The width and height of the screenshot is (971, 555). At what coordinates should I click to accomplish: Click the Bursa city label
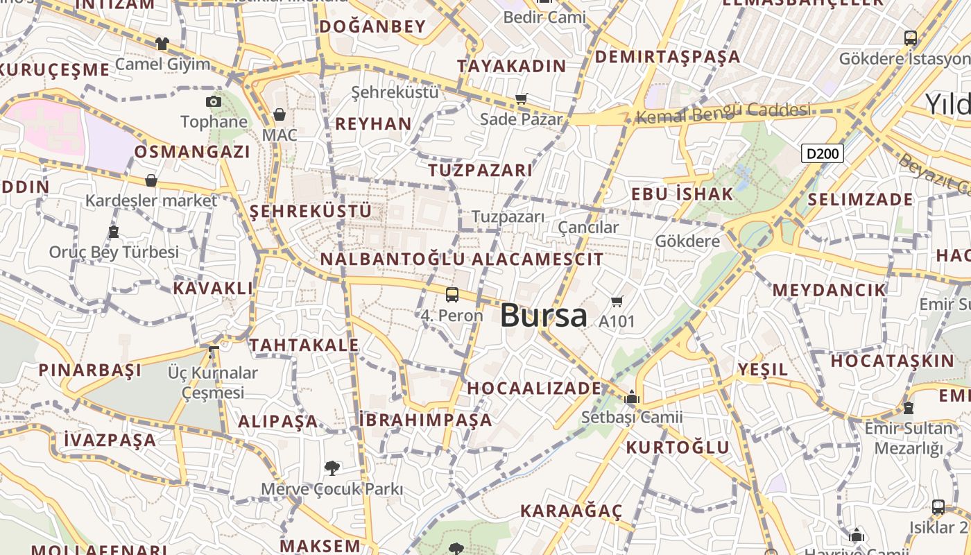pyautogui.click(x=543, y=316)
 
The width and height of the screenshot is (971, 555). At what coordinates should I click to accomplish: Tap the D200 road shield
pyautogui.click(x=823, y=153)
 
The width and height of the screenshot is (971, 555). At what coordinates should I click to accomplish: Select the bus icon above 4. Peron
pyautogui.click(x=452, y=295)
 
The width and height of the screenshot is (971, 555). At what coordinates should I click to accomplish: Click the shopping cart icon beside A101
pyautogui.click(x=617, y=301)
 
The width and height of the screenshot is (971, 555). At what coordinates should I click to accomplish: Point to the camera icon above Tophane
pyautogui.click(x=214, y=102)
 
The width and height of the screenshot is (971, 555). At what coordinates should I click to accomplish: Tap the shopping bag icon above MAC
pyautogui.click(x=280, y=114)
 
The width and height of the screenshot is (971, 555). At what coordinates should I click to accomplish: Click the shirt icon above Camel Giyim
pyautogui.click(x=162, y=44)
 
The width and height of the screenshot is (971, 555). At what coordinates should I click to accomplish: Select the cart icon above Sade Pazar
pyautogui.click(x=522, y=99)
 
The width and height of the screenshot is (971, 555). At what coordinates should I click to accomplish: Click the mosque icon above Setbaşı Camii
pyautogui.click(x=632, y=398)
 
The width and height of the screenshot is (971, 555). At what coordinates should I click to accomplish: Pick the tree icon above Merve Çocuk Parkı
pyautogui.click(x=332, y=468)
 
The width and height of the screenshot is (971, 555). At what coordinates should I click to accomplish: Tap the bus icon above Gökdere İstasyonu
pyautogui.click(x=911, y=38)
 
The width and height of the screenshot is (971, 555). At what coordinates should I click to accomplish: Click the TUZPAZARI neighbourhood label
pyautogui.click(x=480, y=170)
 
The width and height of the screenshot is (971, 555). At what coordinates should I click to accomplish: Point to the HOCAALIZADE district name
pyautogui.click(x=534, y=388)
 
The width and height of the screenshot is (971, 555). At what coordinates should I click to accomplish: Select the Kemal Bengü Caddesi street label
pyautogui.click(x=723, y=113)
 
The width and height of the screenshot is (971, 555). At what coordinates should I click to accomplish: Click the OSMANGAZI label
pyautogui.click(x=192, y=152)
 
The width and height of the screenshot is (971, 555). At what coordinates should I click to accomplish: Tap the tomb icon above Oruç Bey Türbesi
pyautogui.click(x=114, y=232)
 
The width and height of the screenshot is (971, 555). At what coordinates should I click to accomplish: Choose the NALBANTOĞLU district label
pyautogui.click(x=393, y=259)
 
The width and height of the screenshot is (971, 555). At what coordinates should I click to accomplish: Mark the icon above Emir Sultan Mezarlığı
pyautogui.click(x=909, y=408)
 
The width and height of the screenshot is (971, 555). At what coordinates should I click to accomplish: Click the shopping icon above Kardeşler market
pyautogui.click(x=151, y=181)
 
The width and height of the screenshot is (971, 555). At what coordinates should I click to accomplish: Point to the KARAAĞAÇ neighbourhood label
pyautogui.click(x=572, y=511)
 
